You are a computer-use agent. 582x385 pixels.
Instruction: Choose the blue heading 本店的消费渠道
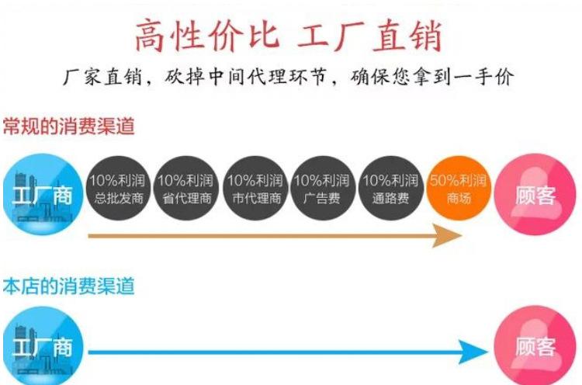(x=68, y=286)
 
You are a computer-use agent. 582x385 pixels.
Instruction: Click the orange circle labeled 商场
(x=458, y=189)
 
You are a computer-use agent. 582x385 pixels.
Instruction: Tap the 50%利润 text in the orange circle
(x=458, y=181)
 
